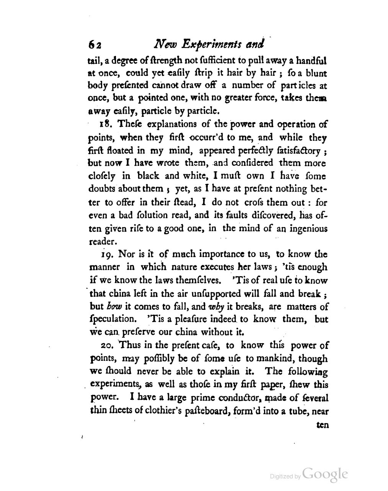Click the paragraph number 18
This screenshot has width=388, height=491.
[105, 124]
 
